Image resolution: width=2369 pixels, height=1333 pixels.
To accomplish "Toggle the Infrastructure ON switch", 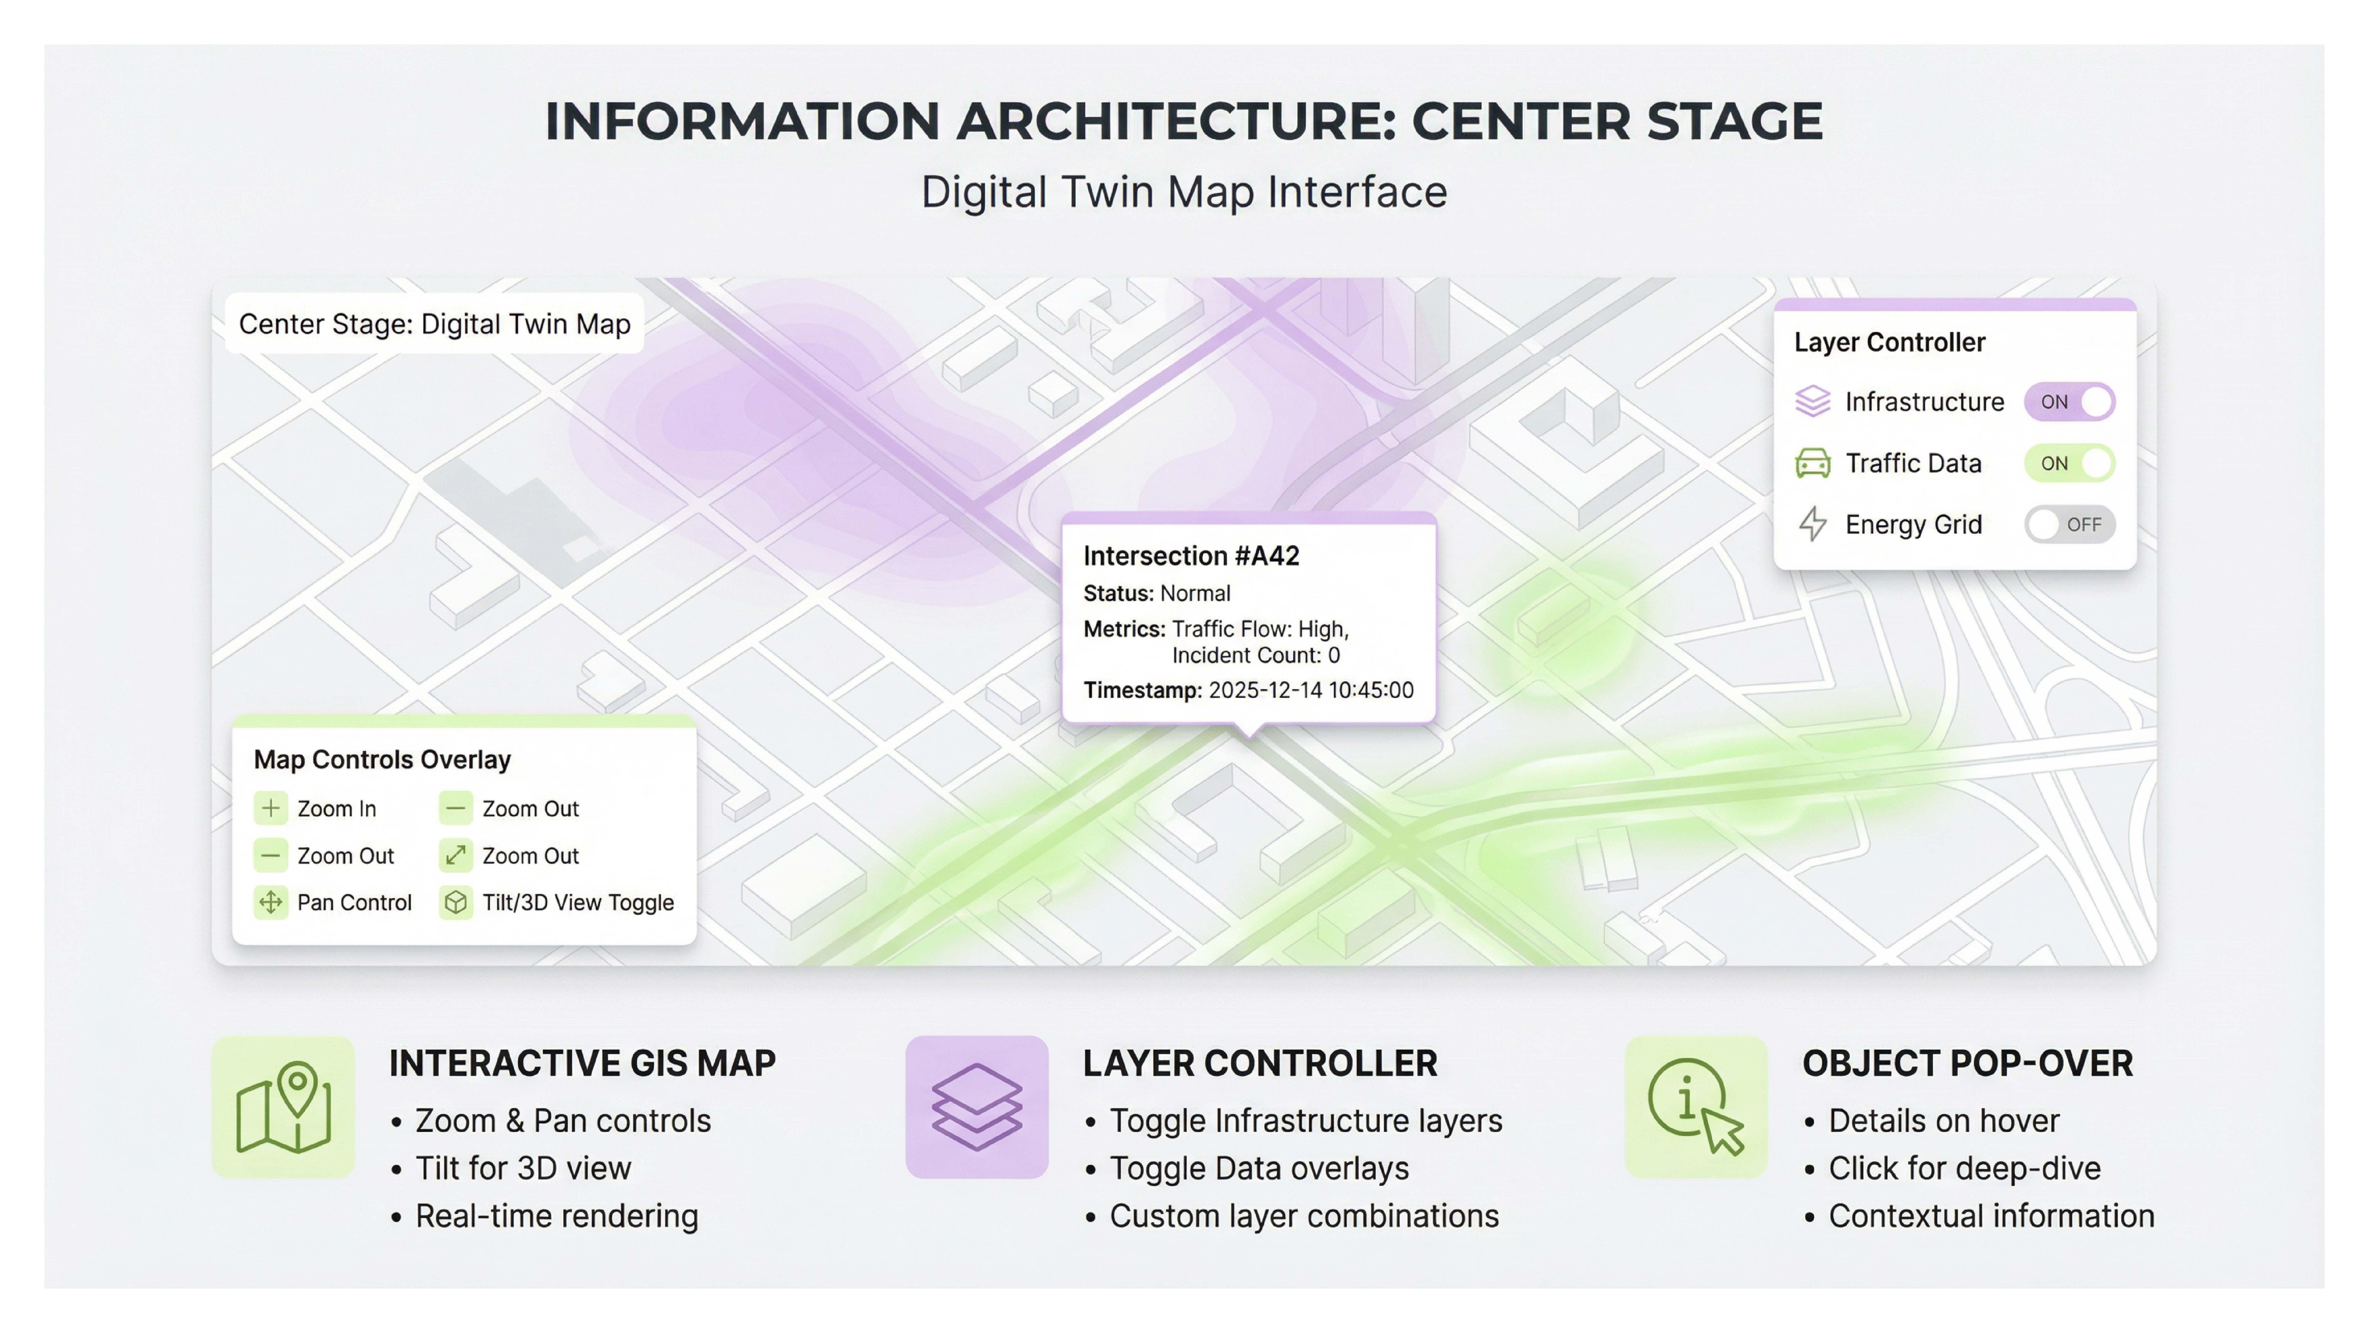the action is (2069, 402).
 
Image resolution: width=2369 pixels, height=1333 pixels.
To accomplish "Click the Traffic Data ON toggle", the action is (2069, 464).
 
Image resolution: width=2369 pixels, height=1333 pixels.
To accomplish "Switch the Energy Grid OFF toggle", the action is (2069, 524).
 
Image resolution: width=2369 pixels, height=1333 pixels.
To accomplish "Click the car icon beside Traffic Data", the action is (1813, 464).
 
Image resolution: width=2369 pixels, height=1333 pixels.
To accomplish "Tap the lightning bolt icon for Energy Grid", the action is (1813, 524).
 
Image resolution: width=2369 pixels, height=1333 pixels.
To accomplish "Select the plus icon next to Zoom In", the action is (270, 809).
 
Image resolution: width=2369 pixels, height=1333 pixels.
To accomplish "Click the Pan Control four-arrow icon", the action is (270, 903).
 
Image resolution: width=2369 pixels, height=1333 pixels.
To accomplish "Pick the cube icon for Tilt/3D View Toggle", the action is (455, 903).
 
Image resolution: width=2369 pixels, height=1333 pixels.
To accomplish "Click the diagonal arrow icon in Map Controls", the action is (455, 855).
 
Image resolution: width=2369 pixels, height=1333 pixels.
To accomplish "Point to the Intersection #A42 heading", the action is (1191, 556).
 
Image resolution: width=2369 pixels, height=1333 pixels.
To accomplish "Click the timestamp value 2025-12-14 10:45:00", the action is (1310, 690).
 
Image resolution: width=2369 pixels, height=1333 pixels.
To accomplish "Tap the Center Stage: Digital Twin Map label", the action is (434, 324).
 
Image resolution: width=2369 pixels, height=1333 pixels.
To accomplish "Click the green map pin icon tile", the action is (283, 1108).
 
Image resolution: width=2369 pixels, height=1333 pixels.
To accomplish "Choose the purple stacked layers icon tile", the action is (977, 1108).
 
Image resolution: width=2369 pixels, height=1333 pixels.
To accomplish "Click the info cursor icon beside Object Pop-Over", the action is (1696, 1108).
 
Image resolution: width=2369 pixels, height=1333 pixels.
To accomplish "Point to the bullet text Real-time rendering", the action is (556, 1216).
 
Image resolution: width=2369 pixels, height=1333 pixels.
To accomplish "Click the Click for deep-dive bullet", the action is (1964, 1168).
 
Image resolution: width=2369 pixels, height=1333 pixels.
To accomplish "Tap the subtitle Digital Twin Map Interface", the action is (1184, 192).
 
